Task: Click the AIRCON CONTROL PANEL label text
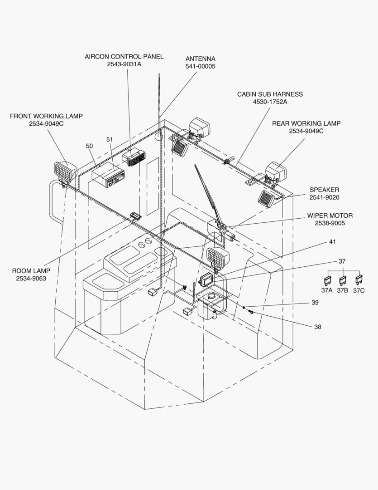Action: (x=124, y=57)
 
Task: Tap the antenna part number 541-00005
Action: (x=200, y=66)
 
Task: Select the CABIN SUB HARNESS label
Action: (x=270, y=94)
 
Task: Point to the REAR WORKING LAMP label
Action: (x=306, y=123)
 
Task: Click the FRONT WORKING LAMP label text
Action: (x=46, y=116)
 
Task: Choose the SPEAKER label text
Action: (x=324, y=190)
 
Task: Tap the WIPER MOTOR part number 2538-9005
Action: (x=330, y=223)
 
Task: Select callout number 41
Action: (x=332, y=242)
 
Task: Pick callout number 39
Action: (x=314, y=303)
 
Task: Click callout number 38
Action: (x=317, y=327)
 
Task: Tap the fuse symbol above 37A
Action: (x=327, y=280)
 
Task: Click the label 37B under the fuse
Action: (x=342, y=291)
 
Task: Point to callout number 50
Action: (x=89, y=146)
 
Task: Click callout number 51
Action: (x=110, y=139)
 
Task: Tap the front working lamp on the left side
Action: (x=65, y=172)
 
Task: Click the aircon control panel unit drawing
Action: (x=134, y=157)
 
